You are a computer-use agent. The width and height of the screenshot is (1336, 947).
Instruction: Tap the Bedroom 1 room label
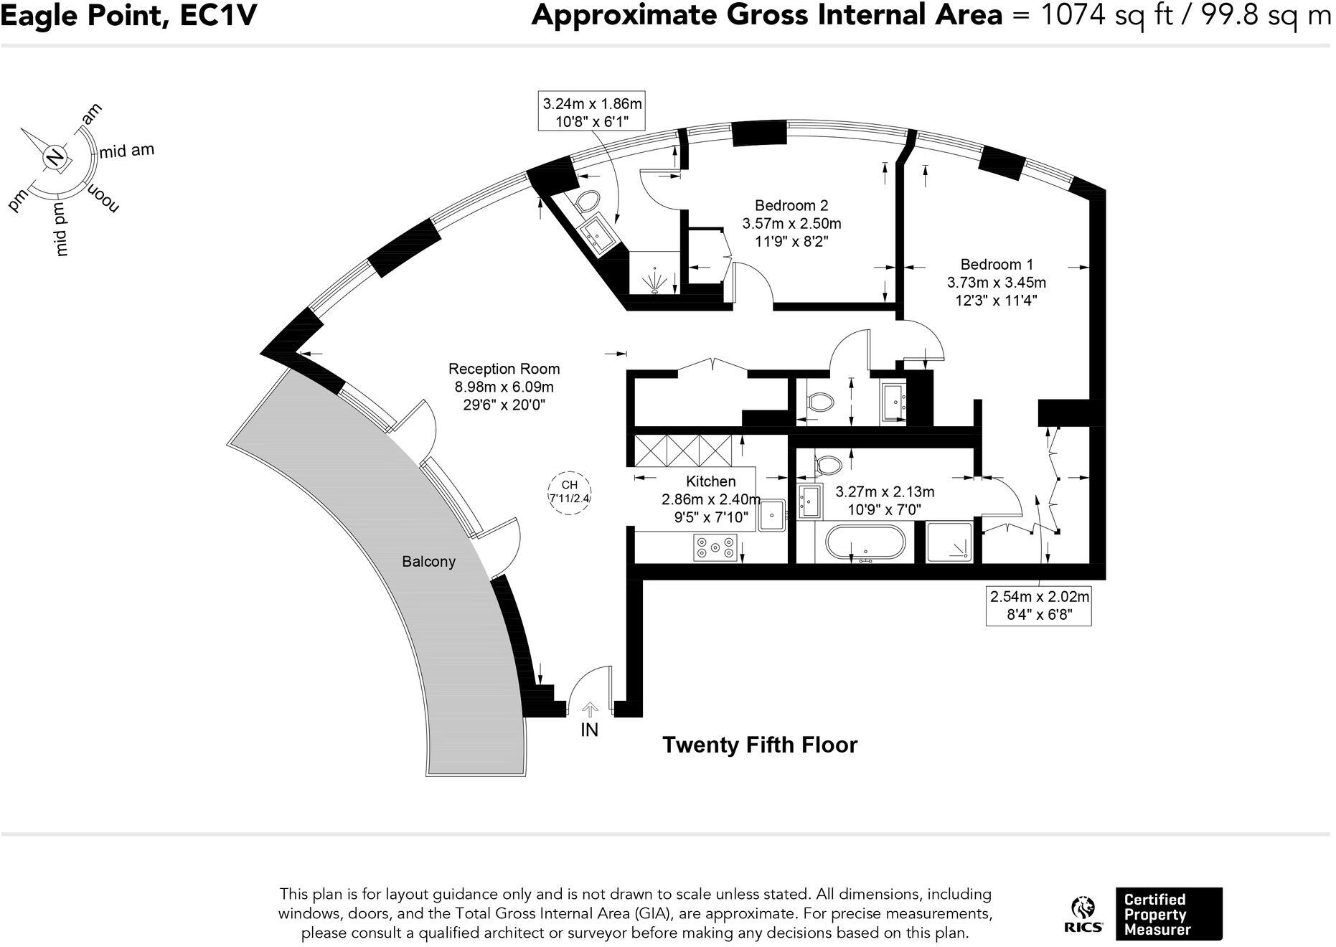997,264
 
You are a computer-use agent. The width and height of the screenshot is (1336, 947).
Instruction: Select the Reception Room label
504,369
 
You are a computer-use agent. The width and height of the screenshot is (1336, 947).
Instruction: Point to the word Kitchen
710,481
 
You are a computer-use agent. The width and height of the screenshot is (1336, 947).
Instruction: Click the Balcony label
428,561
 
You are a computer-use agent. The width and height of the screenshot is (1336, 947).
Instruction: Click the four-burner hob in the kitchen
715,548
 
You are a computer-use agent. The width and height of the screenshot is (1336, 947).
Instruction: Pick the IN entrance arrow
590,710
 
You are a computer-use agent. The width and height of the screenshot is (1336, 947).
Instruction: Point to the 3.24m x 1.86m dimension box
591,111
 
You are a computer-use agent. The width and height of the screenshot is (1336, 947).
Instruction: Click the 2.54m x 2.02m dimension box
1039,606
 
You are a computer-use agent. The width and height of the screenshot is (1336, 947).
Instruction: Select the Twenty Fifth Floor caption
759,745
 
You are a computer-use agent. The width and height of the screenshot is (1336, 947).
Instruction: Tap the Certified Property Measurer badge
1169,914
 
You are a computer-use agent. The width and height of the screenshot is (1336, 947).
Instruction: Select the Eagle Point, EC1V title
128,15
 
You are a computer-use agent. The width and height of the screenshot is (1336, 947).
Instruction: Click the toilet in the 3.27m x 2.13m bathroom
827,464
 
